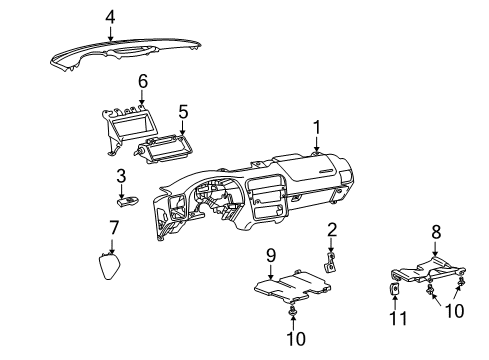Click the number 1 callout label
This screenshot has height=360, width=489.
pyautogui.click(x=316, y=127)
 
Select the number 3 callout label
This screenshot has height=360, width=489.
pyautogui.click(x=121, y=177)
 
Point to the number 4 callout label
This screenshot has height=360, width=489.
pyautogui.click(x=110, y=16)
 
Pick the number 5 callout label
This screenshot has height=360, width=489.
pyautogui.click(x=182, y=112)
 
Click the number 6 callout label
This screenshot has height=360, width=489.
pyautogui.click(x=142, y=80)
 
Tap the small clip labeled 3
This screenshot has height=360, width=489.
pyautogui.click(x=126, y=200)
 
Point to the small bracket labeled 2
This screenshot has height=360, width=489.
pyautogui.click(x=329, y=262)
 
